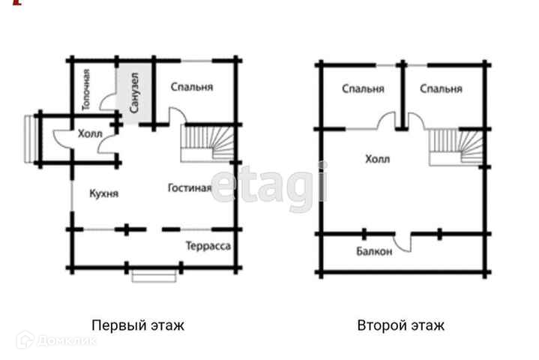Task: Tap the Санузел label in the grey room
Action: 135,93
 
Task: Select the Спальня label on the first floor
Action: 192,87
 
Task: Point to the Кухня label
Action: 103,193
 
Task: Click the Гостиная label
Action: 190,188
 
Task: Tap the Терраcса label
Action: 208,245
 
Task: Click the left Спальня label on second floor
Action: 363,89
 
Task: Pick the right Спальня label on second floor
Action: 441,89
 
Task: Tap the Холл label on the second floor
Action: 377,159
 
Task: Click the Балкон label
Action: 374,252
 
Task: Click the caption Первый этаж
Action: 137,325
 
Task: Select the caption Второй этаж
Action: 401,325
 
